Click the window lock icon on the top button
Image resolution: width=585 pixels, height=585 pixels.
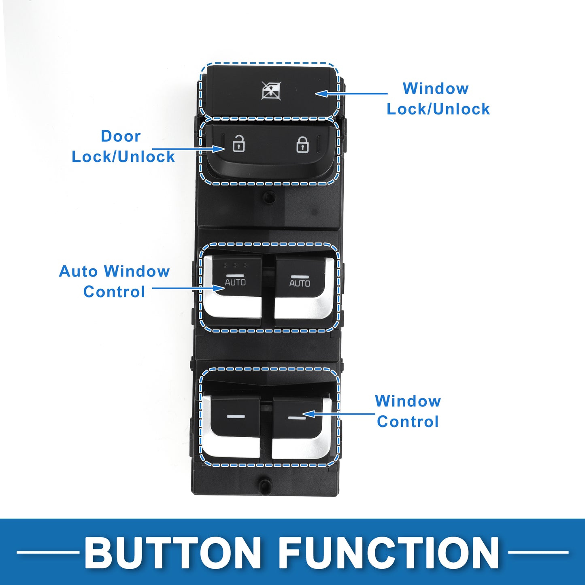click(271, 90)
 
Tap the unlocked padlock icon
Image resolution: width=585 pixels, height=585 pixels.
click(238, 144)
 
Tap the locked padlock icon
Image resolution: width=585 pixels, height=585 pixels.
click(303, 145)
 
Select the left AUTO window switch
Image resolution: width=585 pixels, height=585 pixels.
click(232, 287)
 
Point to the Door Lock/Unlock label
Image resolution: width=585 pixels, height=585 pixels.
click(123, 146)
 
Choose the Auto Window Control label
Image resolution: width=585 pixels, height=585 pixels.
click(114, 281)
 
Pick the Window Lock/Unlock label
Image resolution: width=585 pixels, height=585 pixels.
click(438, 99)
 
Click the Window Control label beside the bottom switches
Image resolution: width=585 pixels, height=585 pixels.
click(408, 411)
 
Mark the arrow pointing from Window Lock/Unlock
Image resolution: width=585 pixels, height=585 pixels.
click(351, 93)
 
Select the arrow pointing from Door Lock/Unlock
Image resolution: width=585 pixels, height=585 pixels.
click(188, 149)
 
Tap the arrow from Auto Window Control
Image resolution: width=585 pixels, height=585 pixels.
click(188, 288)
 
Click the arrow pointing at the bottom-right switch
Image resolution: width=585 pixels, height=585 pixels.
click(338, 414)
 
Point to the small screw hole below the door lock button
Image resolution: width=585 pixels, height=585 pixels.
click(268, 197)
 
